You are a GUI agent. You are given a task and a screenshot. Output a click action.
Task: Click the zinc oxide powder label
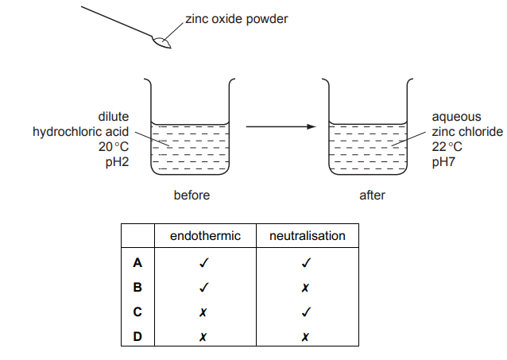[236, 19]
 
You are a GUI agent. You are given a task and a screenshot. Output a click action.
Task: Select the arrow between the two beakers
[281, 126]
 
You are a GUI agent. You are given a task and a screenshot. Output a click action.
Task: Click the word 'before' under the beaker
[192, 195]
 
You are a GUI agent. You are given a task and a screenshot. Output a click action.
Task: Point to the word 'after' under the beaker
[367, 195]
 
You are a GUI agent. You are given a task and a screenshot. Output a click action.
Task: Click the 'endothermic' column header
[204, 236]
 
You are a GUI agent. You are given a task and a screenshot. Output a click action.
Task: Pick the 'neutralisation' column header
[307, 236]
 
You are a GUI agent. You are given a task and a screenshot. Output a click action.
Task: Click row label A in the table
[137, 261]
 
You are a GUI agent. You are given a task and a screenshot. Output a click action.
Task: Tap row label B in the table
[137, 287]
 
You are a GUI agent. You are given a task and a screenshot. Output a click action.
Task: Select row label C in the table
[137, 312]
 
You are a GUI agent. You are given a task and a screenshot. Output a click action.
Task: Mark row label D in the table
[137, 338]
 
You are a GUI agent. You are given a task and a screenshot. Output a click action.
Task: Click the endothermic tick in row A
[204, 261]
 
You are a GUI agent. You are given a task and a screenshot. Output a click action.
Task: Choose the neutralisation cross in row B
[307, 287]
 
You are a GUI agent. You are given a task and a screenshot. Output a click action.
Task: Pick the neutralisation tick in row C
[307, 312]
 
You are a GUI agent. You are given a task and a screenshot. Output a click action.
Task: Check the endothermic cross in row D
[204, 338]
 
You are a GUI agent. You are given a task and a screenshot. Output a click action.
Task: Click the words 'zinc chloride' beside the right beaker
[468, 131]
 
